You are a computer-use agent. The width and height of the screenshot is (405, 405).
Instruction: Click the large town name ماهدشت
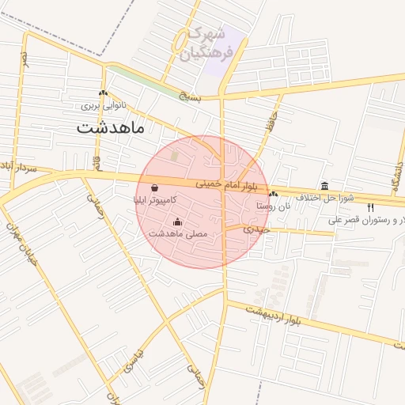[x=111, y=127]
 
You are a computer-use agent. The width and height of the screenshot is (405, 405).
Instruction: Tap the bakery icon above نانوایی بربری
[x=104, y=93]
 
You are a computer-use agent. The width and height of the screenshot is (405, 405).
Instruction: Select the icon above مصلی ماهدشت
[x=176, y=221]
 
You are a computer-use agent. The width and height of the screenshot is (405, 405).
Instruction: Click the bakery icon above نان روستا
[x=273, y=194]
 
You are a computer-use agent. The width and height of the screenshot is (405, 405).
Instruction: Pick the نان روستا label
[x=274, y=205]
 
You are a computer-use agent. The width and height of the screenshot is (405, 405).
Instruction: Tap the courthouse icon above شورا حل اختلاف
[x=324, y=185]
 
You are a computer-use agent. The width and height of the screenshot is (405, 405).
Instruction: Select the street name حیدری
[x=255, y=229]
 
